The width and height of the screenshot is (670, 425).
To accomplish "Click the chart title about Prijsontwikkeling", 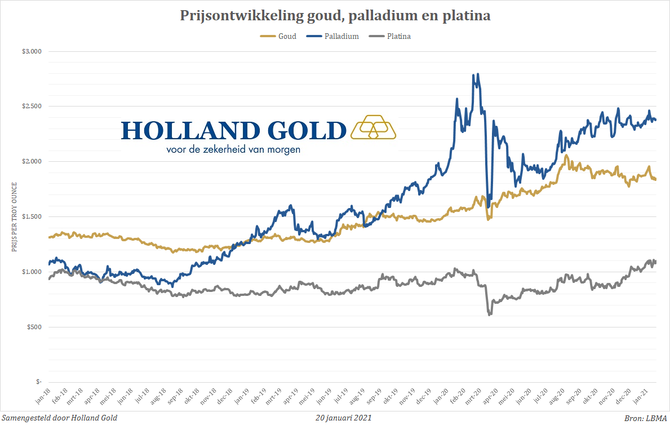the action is point(335,16).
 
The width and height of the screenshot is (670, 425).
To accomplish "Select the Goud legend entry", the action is point(278,36).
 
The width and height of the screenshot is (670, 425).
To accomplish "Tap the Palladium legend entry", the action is point(332,36).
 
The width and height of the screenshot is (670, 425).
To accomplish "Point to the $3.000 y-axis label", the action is point(32,51).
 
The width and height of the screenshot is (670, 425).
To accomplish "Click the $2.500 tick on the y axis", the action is point(32,106).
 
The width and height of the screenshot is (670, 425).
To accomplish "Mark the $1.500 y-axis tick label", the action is point(32,216).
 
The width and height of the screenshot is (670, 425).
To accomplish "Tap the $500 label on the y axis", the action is point(34,327).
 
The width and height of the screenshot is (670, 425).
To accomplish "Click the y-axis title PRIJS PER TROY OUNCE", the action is point(15,217).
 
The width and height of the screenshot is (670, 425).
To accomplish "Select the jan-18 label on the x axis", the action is point(43,396).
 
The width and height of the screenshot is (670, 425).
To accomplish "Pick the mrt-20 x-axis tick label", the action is point(473,396).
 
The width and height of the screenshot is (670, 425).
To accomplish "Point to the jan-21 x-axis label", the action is point(641,396).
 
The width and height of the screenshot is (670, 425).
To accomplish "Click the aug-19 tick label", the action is point(357,396).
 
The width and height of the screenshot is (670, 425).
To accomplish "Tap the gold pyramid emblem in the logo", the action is point(373,127).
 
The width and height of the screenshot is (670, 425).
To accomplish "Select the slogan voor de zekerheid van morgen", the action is point(233,149).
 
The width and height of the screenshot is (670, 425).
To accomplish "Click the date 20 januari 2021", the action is point(344,418).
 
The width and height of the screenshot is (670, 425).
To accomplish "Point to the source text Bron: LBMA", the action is point(646,418).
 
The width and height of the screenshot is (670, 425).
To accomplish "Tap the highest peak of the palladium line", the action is point(478,74).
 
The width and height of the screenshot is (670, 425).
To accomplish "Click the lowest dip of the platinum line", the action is point(489,315).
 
